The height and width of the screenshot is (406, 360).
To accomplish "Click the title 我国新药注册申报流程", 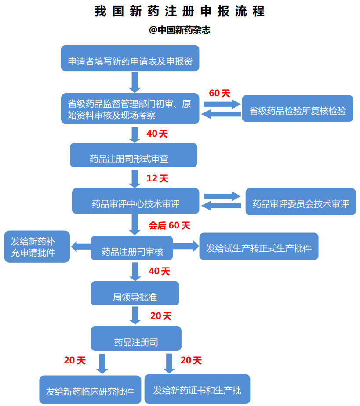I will pos(180,11).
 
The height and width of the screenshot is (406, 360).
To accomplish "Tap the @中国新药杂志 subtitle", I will pos(180,31).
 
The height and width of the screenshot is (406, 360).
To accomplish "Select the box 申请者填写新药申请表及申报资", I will pos(130,58).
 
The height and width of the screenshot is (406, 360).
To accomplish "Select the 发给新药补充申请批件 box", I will pos(37,246).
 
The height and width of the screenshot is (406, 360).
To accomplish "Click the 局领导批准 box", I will pos(135,294).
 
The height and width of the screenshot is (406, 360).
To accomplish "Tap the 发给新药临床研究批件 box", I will pos(90,390).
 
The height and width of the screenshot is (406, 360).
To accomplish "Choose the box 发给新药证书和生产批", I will pos(197,389).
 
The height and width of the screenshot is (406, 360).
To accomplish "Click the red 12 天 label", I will pos(157,178).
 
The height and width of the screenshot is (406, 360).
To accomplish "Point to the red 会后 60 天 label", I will pos(169,225).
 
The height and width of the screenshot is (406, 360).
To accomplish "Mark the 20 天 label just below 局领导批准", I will pos(161,316).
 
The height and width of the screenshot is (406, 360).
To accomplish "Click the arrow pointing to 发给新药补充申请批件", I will pos(80,247).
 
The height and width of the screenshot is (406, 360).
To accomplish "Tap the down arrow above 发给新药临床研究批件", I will pos(102,363).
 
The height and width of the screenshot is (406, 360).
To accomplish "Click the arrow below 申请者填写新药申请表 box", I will pos(135,82).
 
